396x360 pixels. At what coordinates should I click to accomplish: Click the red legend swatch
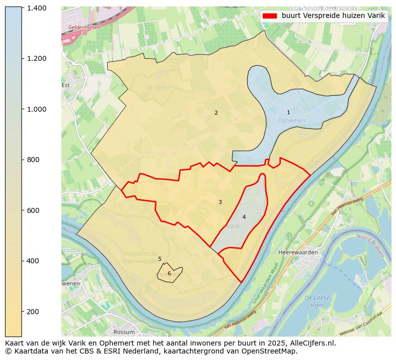(x=269, y=16)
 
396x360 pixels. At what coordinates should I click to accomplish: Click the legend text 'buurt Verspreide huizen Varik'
(x=333, y=16)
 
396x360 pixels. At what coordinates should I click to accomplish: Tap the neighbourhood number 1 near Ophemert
(x=288, y=113)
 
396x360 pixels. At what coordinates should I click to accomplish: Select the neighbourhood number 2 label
(x=216, y=113)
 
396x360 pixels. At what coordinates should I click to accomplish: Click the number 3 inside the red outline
(x=220, y=202)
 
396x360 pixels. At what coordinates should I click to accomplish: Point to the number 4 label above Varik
(x=244, y=217)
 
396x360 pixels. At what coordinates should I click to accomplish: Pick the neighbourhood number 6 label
(x=169, y=273)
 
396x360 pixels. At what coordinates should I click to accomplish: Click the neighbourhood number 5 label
(x=160, y=259)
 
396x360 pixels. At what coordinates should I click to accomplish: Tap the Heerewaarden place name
(x=298, y=252)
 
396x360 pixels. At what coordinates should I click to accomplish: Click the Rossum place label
(x=124, y=332)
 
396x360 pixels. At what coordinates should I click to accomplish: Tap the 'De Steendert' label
(x=161, y=87)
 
